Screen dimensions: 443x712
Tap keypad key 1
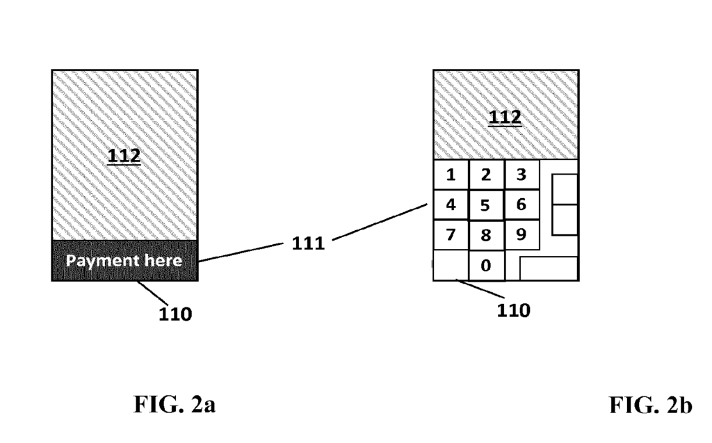click(x=451, y=175)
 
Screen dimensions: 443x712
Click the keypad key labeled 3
click(x=521, y=175)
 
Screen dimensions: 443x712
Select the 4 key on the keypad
click(x=451, y=205)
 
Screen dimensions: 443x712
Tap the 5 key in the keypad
click(x=485, y=206)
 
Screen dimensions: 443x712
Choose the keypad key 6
click(x=521, y=205)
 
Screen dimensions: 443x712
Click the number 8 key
click(x=485, y=235)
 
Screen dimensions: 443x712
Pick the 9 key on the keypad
click(x=521, y=235)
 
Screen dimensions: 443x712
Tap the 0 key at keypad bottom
click(x=485, y=265)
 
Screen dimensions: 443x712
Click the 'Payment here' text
click(x=124, y=261)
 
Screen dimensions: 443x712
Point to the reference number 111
click(x=307, y=243)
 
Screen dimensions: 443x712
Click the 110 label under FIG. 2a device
click(x=175, y=314)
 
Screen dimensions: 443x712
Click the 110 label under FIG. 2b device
click(x=513, y=310)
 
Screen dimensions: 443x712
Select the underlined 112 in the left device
click(x=124, y=156)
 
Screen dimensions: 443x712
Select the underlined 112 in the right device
click(x=505, y=118)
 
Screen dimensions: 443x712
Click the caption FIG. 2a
click(x=175, y=404)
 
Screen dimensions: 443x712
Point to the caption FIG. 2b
click(x=651, y=405)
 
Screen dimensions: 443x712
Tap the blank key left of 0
click(x=450, y=265)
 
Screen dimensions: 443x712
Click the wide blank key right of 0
click(x=549, y=268)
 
